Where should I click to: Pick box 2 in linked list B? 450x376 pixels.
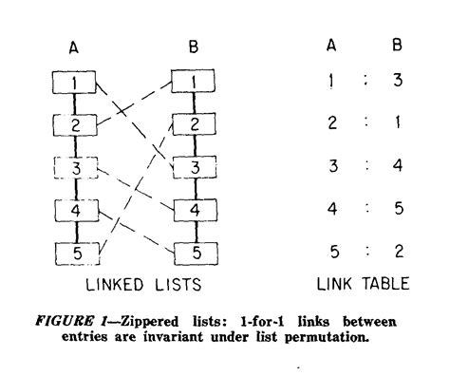tap(193, 123)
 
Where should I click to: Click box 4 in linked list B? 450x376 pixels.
tap(193, 210)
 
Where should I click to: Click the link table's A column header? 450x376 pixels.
tap(330, 44)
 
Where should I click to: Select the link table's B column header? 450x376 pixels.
tap(398, 44)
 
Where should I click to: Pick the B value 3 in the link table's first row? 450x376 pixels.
tap(398, 82)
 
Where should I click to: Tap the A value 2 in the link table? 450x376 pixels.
tap(330, 124)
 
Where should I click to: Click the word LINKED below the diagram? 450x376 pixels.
tap(106, 283)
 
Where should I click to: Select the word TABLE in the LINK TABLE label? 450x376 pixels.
tap(387, 283)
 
